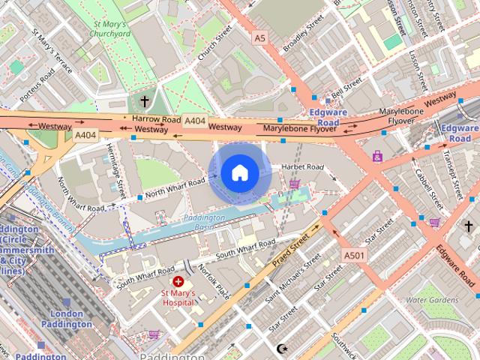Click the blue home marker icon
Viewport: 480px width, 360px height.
[239, 173]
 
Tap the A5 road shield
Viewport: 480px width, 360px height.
[259, 37]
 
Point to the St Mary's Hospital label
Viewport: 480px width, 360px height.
[178, 298]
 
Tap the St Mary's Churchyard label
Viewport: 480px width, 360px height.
[110, 28]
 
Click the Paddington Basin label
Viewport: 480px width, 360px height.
[204, 221]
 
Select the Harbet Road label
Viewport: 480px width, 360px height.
[302, 166]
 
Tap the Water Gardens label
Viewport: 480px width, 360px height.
[431, 300]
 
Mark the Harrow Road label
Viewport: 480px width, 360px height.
[157, 118]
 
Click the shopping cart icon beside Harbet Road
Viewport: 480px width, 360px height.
[295, 184]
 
